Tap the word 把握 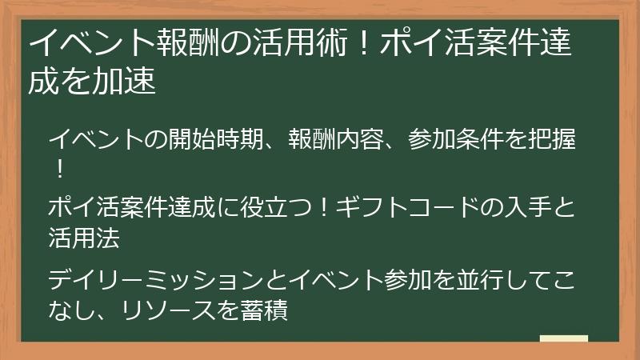pos(555,139)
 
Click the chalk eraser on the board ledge pos(564,338)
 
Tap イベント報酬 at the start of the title pos(105,44)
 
